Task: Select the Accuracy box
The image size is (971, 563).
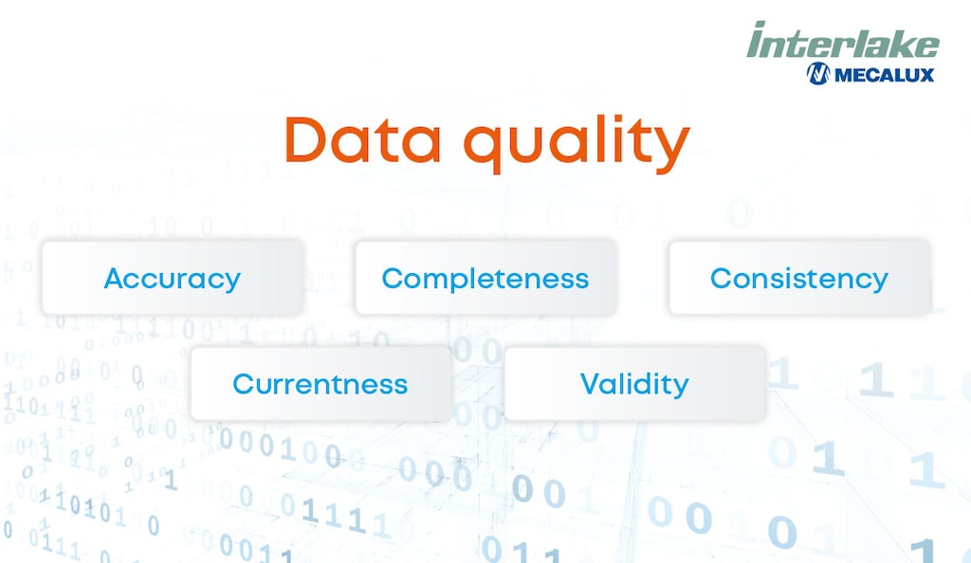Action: pos(172,279)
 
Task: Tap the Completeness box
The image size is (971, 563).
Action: pos(485,279)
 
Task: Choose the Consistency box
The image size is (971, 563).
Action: pos(798,279)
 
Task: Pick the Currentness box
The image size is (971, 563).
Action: pos(320,384)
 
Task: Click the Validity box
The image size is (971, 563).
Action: pos(633,384)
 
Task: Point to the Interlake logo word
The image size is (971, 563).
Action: pos(842,42)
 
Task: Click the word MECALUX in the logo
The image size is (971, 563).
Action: pos(884,74)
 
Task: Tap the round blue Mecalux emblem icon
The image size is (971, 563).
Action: pos(817,74)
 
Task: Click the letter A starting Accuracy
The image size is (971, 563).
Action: pos(114,279)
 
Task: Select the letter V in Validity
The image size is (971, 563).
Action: pos(590,384)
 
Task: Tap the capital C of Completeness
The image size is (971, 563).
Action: pos(392,279)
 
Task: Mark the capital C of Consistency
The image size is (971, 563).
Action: pos(721,279)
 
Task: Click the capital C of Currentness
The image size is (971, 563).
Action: pos(243,384)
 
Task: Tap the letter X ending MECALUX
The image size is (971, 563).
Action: pos(926,74)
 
